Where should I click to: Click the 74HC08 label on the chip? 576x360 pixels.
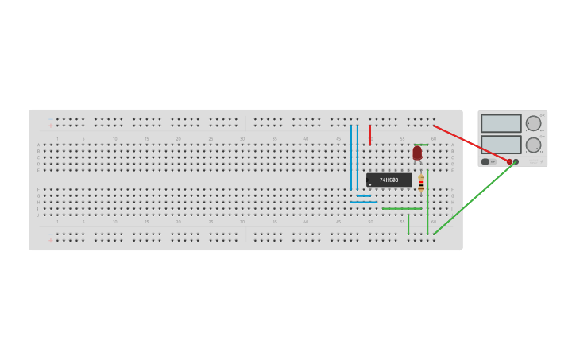389,180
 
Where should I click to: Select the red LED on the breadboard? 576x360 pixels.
417,153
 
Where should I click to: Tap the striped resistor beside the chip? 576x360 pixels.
421,184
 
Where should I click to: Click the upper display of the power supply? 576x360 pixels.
501,123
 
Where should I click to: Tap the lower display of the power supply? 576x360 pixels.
501,144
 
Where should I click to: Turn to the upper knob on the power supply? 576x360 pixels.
533,123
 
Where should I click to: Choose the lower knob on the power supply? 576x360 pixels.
533,145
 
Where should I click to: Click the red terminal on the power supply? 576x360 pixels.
509,161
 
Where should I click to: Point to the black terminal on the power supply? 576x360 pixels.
516,161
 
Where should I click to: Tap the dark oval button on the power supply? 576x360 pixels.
485,161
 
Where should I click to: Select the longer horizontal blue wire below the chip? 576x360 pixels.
363,202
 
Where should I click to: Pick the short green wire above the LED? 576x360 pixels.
421,145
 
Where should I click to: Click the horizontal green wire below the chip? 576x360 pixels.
401,208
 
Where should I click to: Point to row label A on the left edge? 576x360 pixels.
38,145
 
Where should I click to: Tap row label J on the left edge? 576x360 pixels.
38,215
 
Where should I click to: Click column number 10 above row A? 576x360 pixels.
114,139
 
